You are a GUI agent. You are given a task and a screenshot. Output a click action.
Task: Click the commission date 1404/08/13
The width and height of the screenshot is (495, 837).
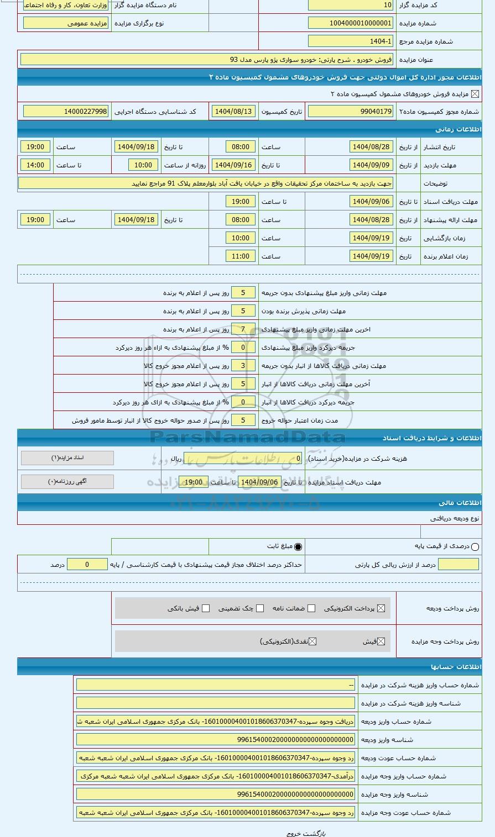[x=233, y=112]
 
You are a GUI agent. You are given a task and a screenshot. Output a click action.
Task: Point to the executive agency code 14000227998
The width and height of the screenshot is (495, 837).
[x=66, y=112]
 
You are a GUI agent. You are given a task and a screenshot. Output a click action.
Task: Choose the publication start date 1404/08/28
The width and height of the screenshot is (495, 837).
[x=371, y=147]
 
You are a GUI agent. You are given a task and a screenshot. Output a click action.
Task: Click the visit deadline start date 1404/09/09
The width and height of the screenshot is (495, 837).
[x=371, y=165]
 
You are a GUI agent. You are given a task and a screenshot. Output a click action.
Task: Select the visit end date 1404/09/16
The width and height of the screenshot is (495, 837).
[x=233, y=165]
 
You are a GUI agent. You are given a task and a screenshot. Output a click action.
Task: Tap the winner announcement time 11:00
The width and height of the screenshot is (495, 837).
[x=241, y=256]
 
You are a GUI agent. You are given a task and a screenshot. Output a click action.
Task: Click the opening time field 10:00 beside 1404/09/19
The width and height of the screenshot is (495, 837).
[x=241, y=238]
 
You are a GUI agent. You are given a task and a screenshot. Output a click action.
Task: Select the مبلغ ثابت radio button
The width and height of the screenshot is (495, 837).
[x=298, y=547]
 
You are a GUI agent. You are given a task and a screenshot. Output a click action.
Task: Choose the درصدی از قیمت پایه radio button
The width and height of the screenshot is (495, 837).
[x=475, y=547]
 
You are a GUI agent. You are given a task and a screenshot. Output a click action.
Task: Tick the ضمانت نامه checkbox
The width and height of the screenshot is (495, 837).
[x=311, y=608]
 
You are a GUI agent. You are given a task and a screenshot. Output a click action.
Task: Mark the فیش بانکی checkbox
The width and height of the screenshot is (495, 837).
[x=206, y=608]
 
